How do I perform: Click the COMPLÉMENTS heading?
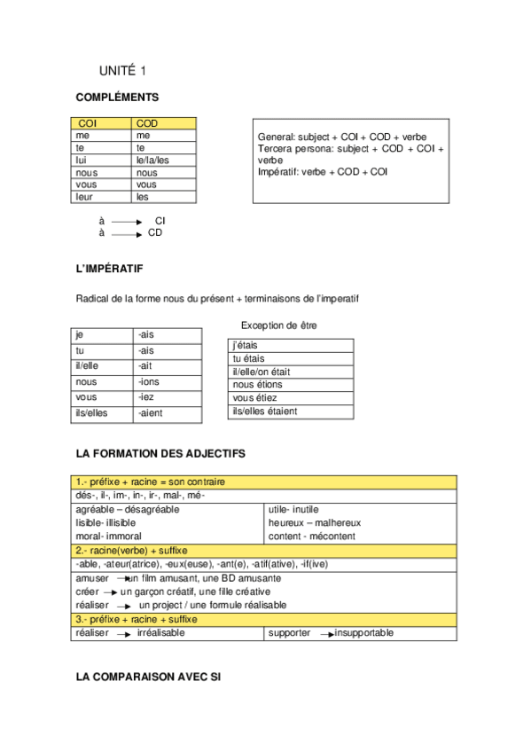(118, 98)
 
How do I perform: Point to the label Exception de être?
(278, 325)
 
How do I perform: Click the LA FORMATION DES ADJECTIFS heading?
(160, 453)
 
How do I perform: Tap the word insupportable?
(364, 633)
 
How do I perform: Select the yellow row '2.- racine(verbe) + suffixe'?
(266, 551)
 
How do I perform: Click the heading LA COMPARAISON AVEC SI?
(148, 677)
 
